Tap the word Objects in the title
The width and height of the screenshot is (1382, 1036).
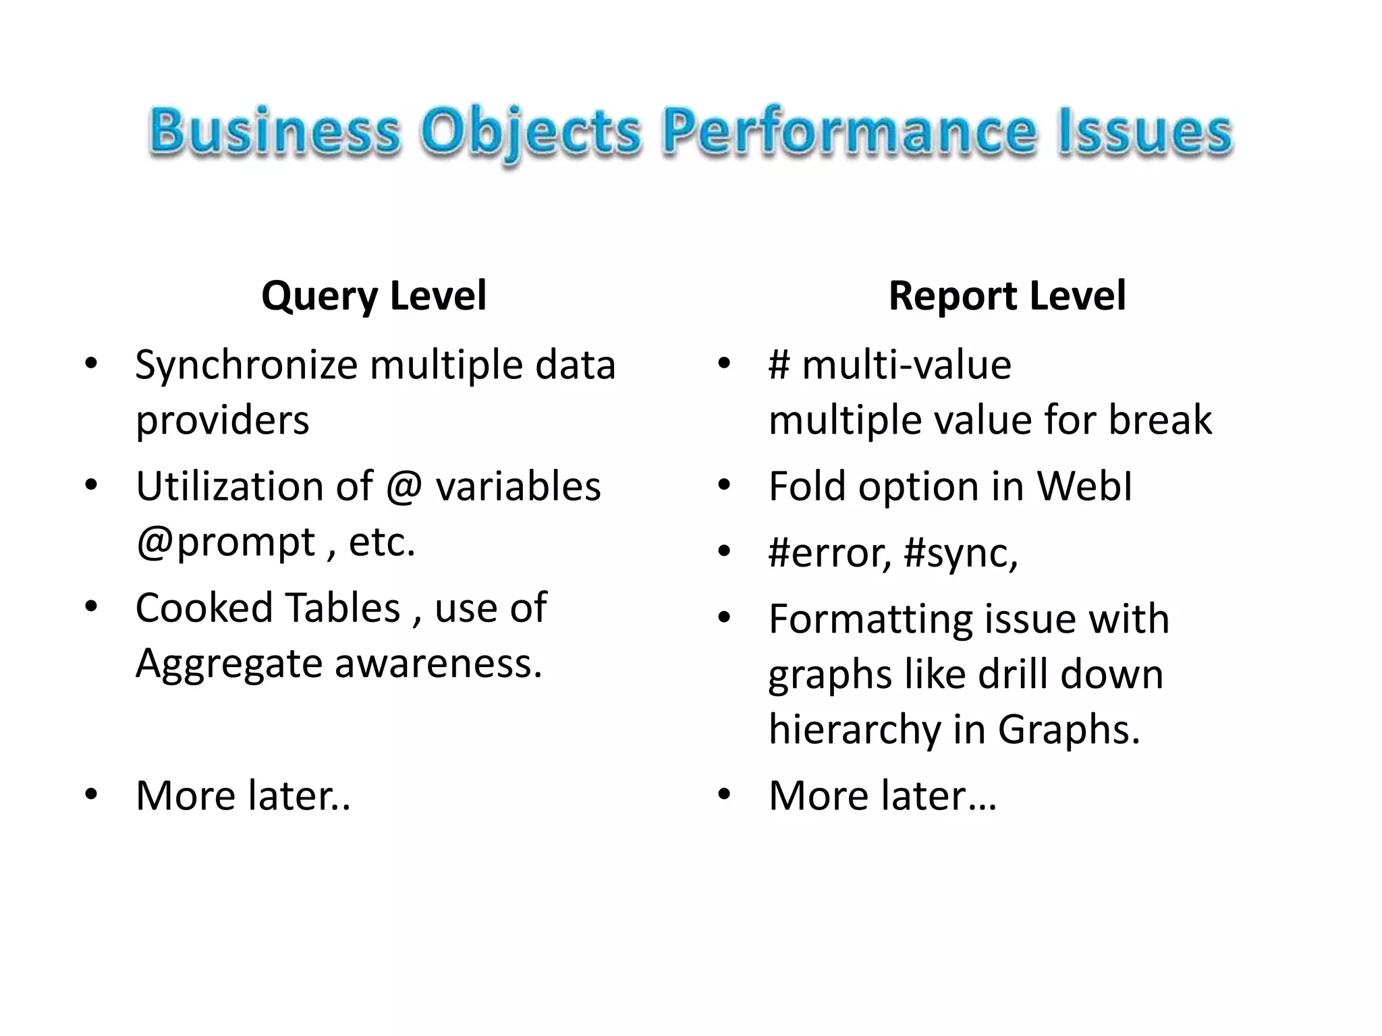[530, 132]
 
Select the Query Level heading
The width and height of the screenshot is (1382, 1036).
[374, 295]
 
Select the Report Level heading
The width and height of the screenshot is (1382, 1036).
[1007, 295]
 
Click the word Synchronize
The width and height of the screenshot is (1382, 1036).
[246, 366]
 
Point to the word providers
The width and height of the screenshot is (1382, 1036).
[222, 420]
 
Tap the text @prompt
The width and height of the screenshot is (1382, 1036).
[225, 542]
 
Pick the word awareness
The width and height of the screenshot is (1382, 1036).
[438, 663]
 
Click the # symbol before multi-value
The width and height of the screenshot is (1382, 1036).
[779, 366]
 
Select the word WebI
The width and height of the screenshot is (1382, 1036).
[1084, 486]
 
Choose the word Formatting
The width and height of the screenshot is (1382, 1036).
[868, 620]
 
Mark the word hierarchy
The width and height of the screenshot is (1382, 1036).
[854, 730]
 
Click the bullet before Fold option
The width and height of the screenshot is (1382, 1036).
[724, 485]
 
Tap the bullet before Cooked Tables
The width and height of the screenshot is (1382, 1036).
[91, 606]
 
